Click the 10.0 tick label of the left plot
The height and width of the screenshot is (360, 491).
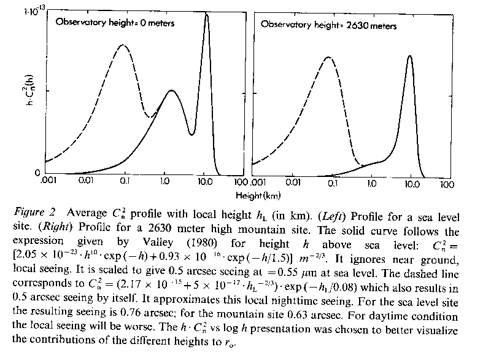[x=206, y=182]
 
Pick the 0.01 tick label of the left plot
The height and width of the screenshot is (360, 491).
[x=86, y=182]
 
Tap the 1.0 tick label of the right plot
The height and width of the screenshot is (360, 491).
[x=371, y=183]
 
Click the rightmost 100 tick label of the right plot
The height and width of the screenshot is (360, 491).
[x=446, y=183]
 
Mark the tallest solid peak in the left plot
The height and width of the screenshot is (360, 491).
[x=206, y=15]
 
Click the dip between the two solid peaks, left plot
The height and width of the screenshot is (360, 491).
[x=191, y=134]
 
